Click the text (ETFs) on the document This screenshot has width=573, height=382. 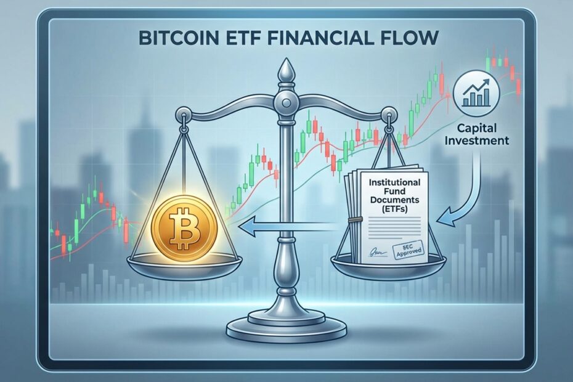[395, 208]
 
